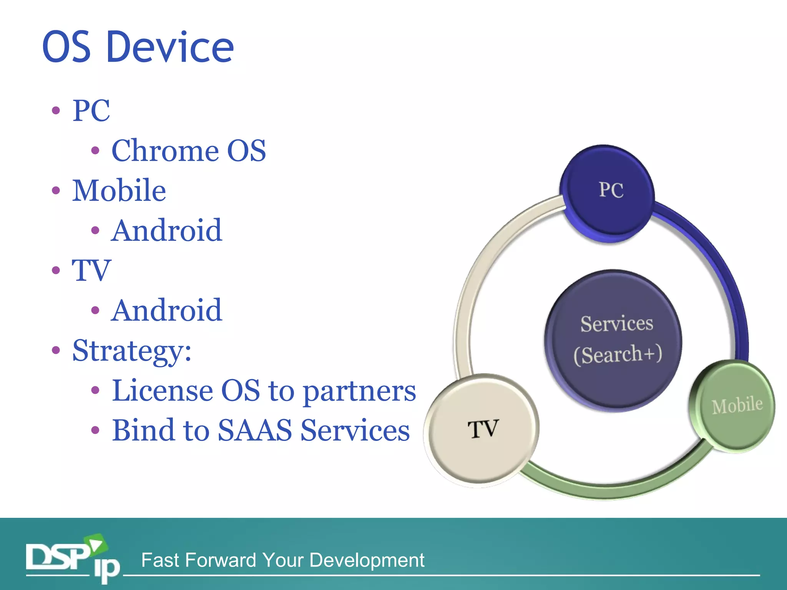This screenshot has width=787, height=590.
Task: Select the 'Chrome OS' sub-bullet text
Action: tap(188, 151)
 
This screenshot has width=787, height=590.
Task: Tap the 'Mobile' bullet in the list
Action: tap(119, 191)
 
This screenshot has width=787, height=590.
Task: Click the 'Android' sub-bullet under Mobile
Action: tap(166, 230)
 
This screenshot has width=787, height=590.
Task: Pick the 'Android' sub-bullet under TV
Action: tap(166, 310)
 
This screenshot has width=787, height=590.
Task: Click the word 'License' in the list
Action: tap(162, 391)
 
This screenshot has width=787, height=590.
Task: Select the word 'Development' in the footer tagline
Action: tap(367, 560)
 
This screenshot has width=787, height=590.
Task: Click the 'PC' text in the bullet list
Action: tap(91, 111)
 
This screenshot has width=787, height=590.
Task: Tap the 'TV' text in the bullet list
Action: tap(91, 270)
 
